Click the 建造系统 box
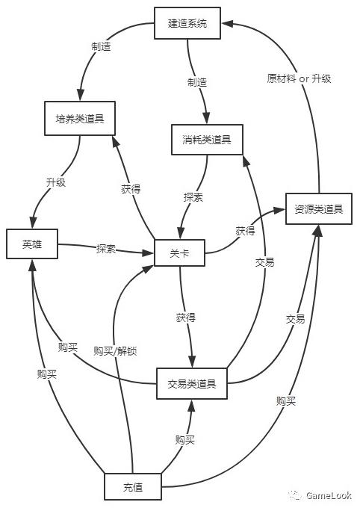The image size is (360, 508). (x=187, y=23)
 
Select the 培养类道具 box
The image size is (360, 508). (x=80, y=118)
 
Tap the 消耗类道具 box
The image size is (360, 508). (x=207, y=140)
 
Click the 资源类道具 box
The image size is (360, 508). (x=319, y=209)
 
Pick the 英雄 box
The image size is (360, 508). (x=32, y=244)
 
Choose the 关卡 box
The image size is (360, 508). (x=179, y=253)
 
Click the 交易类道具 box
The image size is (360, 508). (x=192, y=383)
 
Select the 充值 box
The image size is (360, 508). (x=133, y=486)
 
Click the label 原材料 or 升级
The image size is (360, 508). (x=299, y=78)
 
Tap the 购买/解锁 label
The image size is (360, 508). (x=115, y=351)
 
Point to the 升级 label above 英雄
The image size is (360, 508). (x=56, y=182)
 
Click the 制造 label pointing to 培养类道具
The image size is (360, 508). (x=101, y=46)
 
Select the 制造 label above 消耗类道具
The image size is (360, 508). (x=197, y=82)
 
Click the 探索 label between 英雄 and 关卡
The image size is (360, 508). (x=106, y=249)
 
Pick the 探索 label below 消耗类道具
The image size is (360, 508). (x=193, y=197)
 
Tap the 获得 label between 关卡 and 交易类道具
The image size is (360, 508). (x=186, y=317)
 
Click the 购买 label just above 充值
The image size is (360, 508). (x=185, y=439)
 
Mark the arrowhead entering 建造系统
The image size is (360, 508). (x=228, y=23)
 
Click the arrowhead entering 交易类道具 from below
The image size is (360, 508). (x=192, y=406)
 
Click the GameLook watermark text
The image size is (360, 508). (x=329, y=495)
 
